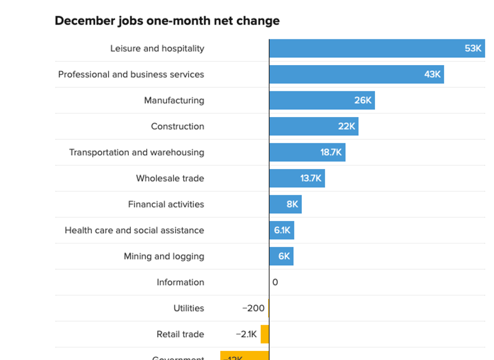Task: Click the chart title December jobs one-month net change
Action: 167,21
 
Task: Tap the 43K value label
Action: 432,74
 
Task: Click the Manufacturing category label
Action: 174,101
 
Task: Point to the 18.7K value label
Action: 331,153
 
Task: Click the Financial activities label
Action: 166,205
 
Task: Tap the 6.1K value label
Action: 282,230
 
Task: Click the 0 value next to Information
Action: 275,282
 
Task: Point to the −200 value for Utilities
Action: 253,309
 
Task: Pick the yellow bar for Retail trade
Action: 265,334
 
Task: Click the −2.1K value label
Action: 246,334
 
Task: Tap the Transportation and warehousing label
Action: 137,153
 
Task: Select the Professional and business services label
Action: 131,74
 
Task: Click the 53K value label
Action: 473,49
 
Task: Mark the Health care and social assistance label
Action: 134,230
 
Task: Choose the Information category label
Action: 180,282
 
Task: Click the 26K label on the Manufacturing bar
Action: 363,101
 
